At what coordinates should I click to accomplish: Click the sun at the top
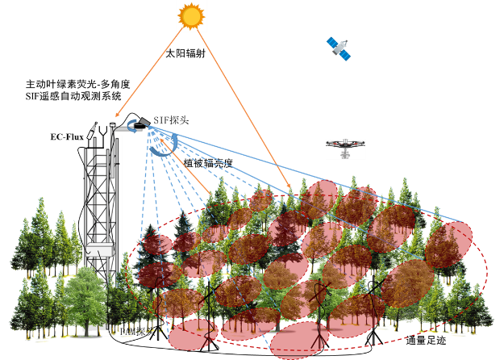tap(192, 15)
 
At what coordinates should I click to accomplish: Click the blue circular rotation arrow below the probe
tap(165, 145)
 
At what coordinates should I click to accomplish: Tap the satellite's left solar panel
tap(331, 42)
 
